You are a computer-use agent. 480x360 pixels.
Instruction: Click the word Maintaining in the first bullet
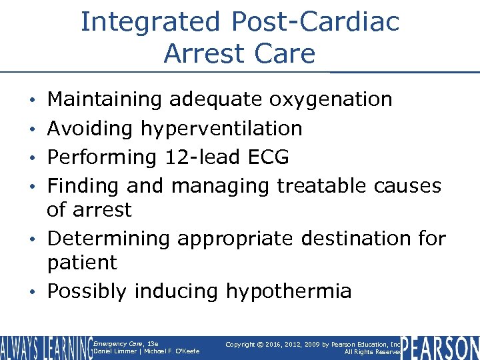click(x=105, y=100)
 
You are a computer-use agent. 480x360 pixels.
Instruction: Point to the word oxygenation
click(x=331, y=100)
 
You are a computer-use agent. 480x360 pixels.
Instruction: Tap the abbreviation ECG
click(x=268, y=157)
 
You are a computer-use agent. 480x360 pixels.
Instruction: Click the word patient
click(x=81, y=263)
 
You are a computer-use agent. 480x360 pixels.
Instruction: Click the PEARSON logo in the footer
click(x=441, y=347)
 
